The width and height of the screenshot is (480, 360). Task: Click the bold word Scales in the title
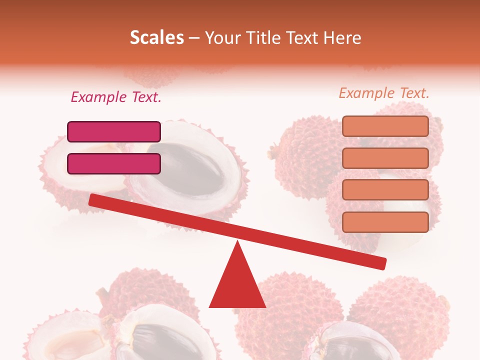(156, 37)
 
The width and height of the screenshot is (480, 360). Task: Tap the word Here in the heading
(342, 37)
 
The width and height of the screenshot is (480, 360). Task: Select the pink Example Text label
(116, 97)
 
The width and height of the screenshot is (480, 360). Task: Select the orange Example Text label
(384, 93)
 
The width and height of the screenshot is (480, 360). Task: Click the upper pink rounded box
(114, 131)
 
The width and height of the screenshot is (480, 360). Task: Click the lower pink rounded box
(114, 163)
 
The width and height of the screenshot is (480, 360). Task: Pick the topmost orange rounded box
(385, 126)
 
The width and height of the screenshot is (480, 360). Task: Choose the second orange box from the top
(385, 158)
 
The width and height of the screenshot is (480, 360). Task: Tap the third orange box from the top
(385, 190)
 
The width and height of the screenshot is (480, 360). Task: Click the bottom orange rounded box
(385, 222)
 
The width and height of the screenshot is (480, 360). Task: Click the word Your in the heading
(222, 37)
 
